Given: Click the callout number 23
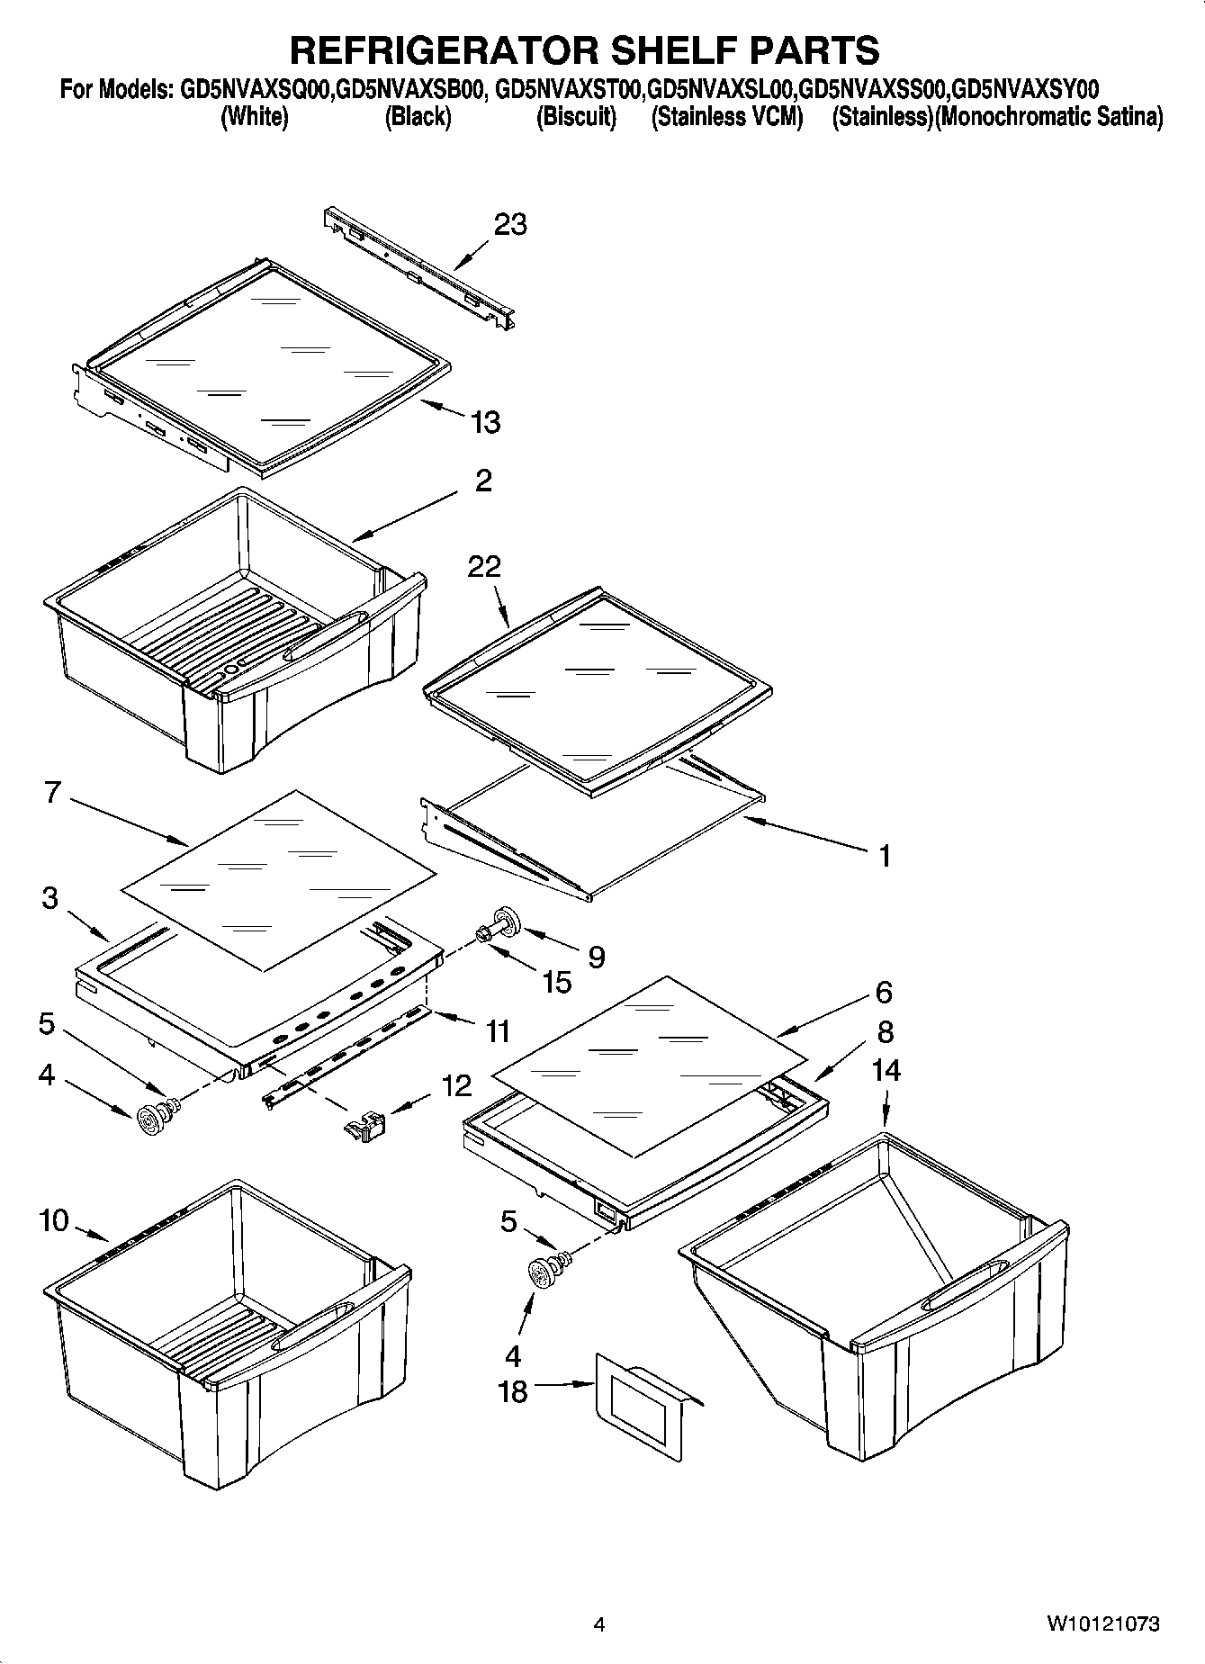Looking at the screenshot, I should pos(510,224).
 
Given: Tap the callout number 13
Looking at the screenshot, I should pos(486,422).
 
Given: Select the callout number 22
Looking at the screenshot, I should pos(484,567).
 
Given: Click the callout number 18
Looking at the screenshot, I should pos(513,1392).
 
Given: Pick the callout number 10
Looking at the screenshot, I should pos(54,1221).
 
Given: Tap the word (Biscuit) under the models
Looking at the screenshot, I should pos(576,117).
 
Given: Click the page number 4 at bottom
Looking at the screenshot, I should pos(599,1624).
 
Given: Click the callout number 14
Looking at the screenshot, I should pos(886,1071).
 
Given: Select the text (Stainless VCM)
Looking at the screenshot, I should pos(726,117).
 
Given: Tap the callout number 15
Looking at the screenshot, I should pos(557,982).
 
